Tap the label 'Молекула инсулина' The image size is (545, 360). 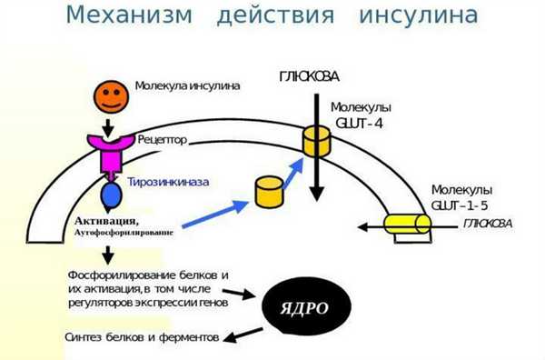pos(187,86)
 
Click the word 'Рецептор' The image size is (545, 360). pos(164,141)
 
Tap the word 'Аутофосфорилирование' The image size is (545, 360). pos(124,234)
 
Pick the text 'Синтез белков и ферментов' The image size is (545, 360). pos(142,336)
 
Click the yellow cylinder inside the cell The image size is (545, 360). pos(269,190)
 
